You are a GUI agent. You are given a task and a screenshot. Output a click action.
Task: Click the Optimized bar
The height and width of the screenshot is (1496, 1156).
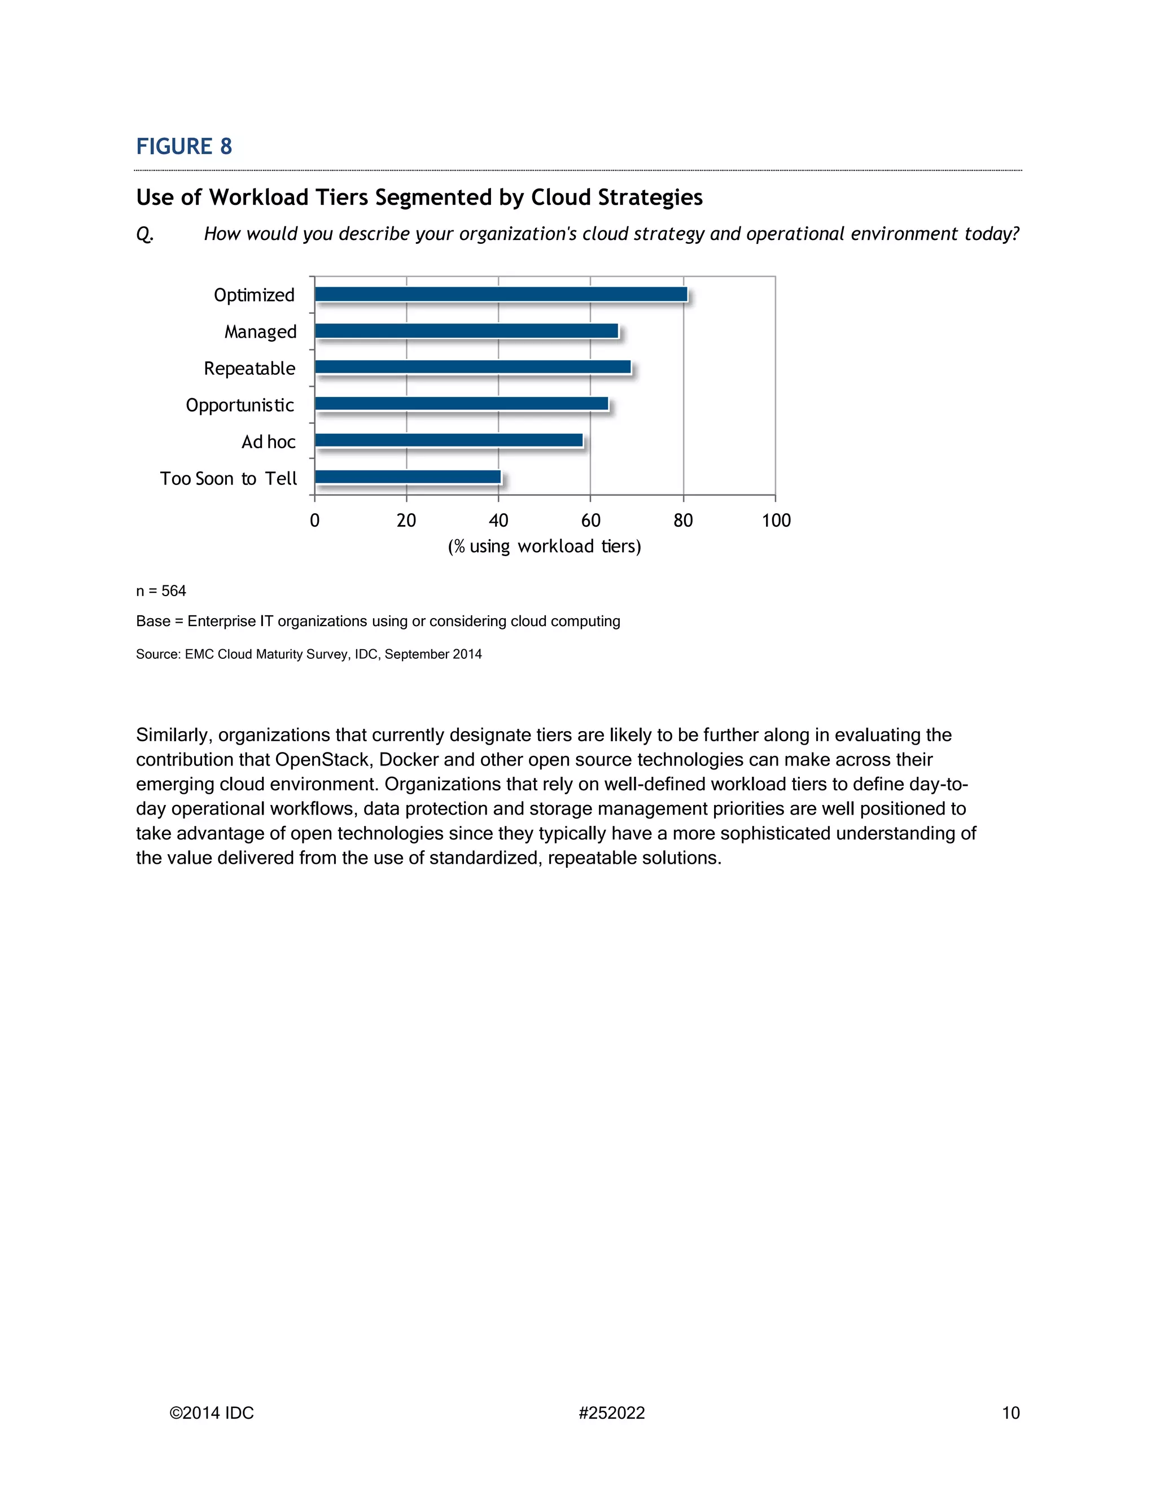point(501,294)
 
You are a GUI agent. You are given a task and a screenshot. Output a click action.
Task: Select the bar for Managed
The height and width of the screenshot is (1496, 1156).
point(466,331)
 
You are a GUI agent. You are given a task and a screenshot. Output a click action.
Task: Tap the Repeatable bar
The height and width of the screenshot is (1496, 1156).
point(472,367)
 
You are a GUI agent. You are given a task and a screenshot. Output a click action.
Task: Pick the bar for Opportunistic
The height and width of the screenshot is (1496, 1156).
point(462,404)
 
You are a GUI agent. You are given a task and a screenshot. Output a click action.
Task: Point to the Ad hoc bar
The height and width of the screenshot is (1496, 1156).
point(449,440)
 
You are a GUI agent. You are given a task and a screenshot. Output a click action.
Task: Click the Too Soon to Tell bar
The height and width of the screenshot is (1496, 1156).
point(408,477)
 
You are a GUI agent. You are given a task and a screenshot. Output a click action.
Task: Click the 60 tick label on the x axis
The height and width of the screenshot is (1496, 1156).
point(590,520)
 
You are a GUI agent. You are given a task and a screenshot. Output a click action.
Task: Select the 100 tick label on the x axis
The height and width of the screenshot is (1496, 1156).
point(776,520)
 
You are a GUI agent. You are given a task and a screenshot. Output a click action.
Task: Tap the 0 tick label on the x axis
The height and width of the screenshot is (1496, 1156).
point(314,520)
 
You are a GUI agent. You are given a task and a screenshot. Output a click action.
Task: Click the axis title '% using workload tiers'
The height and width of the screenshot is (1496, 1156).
point(545,546)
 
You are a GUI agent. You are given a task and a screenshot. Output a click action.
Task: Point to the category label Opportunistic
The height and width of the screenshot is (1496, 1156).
point(240,405)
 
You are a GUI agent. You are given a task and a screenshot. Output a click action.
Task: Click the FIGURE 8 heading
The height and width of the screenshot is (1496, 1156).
point(183,147)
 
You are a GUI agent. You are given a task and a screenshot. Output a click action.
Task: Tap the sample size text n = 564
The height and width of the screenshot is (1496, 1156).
point(161,591)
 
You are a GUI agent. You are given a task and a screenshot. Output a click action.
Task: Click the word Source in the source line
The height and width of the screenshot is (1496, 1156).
point(157,654)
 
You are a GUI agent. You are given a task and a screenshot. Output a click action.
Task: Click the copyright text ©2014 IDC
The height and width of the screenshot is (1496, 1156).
point(212,1413)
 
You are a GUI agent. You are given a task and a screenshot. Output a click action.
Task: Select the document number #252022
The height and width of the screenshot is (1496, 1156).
point(611,1413)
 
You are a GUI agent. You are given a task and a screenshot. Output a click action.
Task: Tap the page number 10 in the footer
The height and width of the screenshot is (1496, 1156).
point(1010,1413)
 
